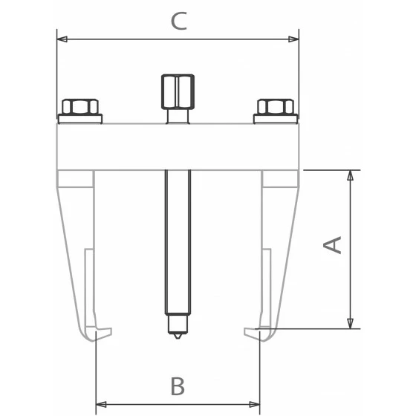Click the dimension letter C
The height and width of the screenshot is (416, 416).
click(179, 21)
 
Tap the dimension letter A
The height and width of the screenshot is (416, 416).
click(332, 244)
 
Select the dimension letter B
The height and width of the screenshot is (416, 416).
click(178, 386)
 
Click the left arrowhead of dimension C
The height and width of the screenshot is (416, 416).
click(62, 39)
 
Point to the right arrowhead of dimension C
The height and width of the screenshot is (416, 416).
click(293, 39)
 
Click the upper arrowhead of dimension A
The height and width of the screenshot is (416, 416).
click(351, 175)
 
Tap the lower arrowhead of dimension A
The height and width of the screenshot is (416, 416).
click(351, 323)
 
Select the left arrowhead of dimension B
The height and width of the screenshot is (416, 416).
click(101, 405)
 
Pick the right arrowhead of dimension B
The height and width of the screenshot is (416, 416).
click(255, 405)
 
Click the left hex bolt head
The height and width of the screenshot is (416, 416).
click(80, 107)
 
